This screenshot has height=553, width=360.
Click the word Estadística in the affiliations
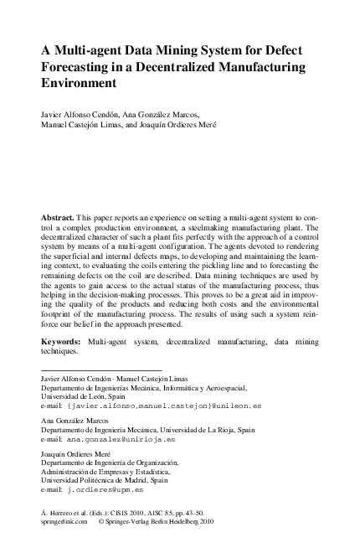coord(172,471)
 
